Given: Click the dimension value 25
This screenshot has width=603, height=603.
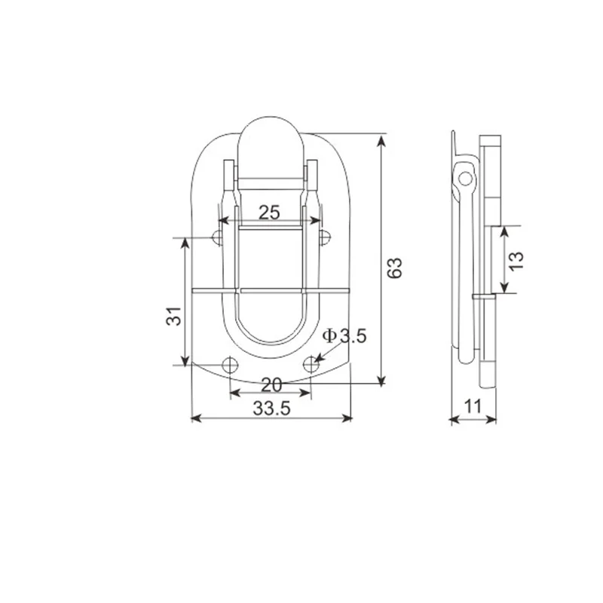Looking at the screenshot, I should tap(269, 212).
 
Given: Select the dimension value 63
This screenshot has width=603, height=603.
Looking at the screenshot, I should tap(396, 268).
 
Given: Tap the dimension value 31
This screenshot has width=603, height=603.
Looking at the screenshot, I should tap(174, 317).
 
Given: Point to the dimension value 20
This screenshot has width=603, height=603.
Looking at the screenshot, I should tap(271, 384).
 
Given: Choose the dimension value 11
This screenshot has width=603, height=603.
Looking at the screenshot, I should tap(473, 406).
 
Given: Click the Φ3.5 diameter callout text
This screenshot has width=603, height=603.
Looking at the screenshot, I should tap(344, 336).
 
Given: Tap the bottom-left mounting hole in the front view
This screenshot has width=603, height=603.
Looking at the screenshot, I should tap(230, 366).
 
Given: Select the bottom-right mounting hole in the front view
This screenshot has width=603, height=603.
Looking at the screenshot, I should tap(311, 366).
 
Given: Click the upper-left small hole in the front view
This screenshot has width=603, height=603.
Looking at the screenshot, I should tap(218, 238).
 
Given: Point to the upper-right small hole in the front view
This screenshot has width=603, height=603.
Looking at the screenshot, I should tap(324, 238).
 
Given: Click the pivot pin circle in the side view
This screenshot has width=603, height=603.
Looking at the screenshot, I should tap(467, 179).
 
